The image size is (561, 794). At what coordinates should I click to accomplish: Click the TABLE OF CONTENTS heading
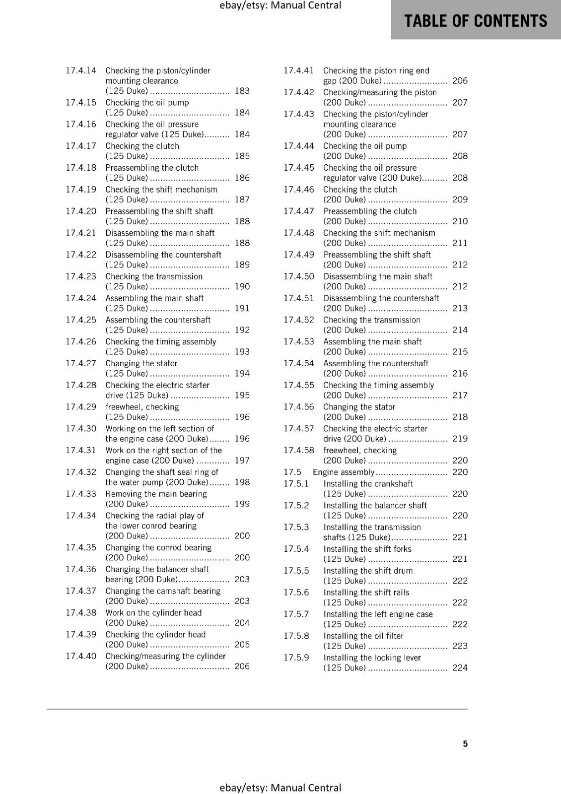[x=476, y=21]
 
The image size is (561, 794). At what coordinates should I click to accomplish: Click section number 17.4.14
[x=81, y=70]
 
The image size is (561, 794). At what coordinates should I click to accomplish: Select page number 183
[x=242, y=91]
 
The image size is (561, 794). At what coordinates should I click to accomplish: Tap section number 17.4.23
[x=81, y=276]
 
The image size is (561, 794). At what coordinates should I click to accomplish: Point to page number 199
[x=242, y=504]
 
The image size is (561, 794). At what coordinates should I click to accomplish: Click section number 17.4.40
[x=81, y=656]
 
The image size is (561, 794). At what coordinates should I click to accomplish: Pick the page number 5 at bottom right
[x=465, y=744]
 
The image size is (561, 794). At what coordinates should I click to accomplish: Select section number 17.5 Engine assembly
[x=292, y=472]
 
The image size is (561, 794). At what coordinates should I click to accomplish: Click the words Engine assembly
[x=344, y=472]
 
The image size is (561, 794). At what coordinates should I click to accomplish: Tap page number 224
[x=460, y=668]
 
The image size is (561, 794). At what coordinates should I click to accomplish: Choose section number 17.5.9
[x=296, y=658]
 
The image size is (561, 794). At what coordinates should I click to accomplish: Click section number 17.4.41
[x=299, y=70]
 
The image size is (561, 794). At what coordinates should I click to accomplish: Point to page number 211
[x=460, y=243]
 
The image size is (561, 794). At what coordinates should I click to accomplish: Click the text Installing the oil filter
[x=363, y=636]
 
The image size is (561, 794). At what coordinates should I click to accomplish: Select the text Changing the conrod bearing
[x=158, y=547]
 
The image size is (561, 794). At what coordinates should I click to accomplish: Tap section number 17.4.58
[x=299, y=451]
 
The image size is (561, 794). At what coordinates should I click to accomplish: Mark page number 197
[x=242, y=461]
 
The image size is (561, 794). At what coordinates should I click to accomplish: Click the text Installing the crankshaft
[x=368, y=484]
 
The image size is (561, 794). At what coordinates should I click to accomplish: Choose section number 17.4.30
[x=81, y=429]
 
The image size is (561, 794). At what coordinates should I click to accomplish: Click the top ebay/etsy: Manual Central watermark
[x=280, y=5]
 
